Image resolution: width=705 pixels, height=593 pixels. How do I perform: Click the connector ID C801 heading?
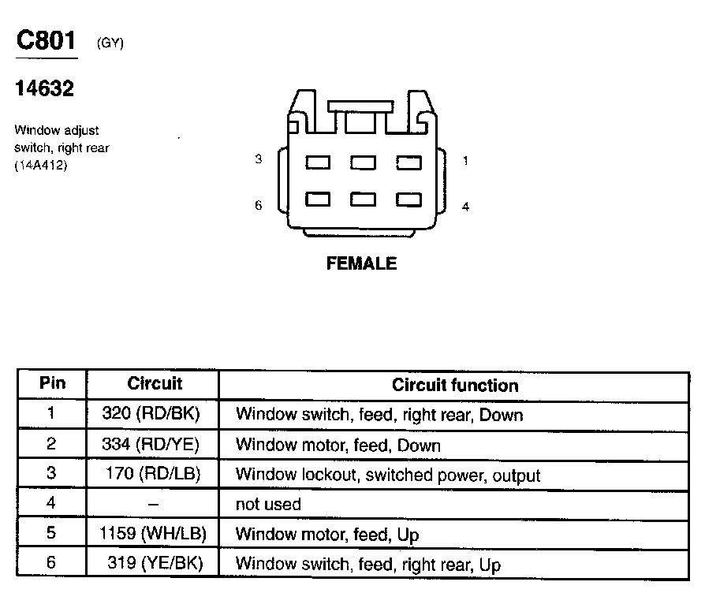click(47, 42)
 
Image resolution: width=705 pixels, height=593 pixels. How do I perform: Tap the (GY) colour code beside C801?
click(110, 44)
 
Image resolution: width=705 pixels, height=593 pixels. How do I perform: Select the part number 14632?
click(44, 89)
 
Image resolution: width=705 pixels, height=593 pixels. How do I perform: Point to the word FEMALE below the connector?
click(361, 264)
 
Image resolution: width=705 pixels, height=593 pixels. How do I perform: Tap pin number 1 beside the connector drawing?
click(465, 161)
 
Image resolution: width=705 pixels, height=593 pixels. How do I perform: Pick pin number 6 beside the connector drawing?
click(258, 206)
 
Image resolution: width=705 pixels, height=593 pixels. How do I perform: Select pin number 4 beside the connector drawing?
click(465, 207)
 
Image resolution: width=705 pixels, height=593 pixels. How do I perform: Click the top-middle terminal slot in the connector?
click(363, 162)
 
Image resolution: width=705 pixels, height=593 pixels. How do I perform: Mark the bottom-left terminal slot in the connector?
click(318, 199)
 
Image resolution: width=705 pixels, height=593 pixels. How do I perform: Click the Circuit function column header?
click(455, 386)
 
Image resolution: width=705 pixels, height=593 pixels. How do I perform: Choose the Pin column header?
click(52, 384)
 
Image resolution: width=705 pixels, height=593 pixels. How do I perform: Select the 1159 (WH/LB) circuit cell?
click(153, 534)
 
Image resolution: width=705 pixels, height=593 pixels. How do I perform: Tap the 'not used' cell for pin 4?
click(268, 504)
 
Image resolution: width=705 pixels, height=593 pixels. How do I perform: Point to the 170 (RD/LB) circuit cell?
click(153, 475)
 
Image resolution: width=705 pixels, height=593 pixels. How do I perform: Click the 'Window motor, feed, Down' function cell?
click(338, 446)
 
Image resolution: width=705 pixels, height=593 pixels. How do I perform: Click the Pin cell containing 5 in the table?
click(52, 534)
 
